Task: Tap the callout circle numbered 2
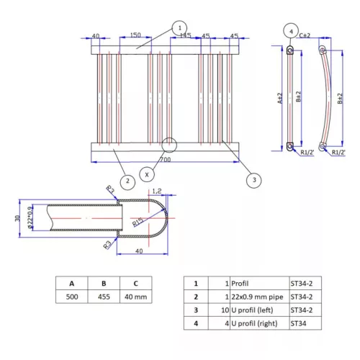tap(126, 181)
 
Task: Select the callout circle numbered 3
tap(252, 181)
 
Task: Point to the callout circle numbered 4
tap(290, 32)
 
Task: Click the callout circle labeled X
tap(147, 174)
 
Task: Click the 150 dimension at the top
tap(135, 36)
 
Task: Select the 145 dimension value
tap(184, 36)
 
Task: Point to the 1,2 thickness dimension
tap(158, 192)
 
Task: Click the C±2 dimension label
tap(305, 35)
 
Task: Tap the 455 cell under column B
tap(104, 296)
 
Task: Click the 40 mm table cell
tap(136, 296)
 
